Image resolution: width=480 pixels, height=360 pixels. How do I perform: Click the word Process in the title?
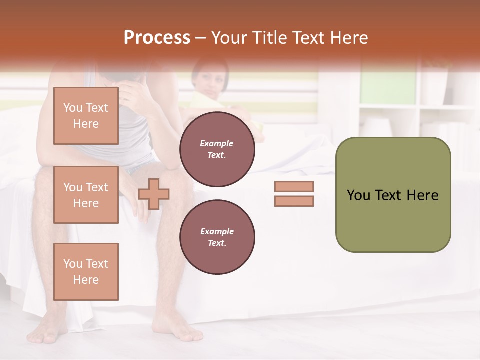pos(157,38)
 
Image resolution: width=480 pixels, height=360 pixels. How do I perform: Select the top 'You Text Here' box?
pos(86,116)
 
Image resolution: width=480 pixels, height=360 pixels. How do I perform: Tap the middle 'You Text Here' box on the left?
pos(86,195)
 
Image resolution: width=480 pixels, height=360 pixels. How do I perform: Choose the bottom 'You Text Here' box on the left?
pos(86,272)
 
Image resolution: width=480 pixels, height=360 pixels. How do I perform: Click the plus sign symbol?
pos(154,194)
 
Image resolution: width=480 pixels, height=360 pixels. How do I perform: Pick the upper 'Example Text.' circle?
pos(217,149)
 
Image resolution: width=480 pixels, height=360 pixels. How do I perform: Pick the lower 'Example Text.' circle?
pos(217,237)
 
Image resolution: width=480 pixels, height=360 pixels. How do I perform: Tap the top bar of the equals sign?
pos(294,186)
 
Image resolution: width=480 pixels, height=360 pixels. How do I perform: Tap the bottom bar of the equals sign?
pos(294,201)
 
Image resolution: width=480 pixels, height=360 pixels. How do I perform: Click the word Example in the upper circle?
pos(217,143)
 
